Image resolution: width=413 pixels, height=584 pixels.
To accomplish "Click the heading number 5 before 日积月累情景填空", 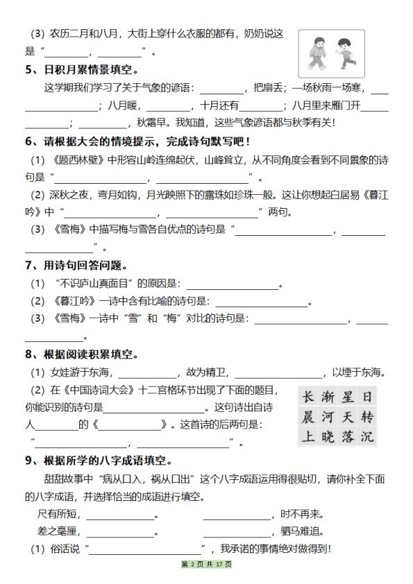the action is [28, 69].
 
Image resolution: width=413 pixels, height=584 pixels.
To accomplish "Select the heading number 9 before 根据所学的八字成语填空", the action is [28, 460].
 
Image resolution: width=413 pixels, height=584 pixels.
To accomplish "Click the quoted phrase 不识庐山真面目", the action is [96, 284].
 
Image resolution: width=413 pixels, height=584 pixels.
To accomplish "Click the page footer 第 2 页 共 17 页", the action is [206, 565].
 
